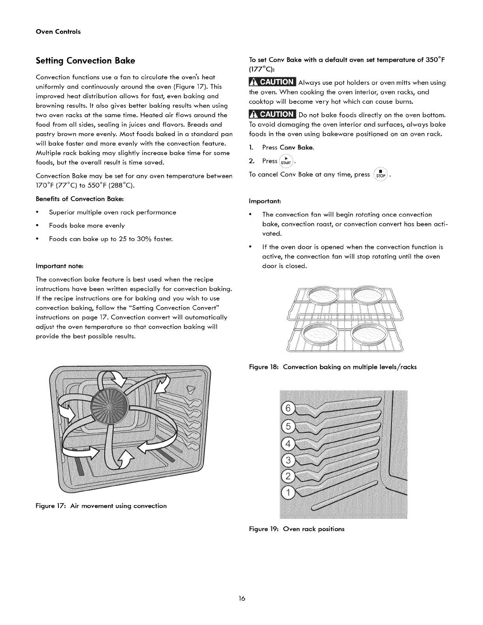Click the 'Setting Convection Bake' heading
click(85, 61)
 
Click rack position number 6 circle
click(288, 409)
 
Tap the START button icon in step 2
click(287, 161)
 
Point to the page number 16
click(241, 599)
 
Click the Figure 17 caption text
click(101, 506)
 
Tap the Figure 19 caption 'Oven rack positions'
click(296, 529)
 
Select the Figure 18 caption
click(333, 367)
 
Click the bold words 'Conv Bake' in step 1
click(297, 148)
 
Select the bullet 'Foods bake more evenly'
click(87, 226)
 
